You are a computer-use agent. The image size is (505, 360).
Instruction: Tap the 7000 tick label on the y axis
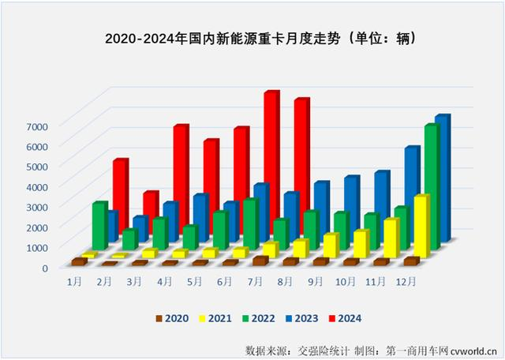[38, 126]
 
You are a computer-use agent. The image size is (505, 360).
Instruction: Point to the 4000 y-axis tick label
[38, 186]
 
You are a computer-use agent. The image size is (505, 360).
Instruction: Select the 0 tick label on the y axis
[44, 268]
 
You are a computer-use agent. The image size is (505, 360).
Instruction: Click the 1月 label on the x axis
[75, 281]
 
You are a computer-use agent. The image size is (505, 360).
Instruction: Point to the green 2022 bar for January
[99, 225]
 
